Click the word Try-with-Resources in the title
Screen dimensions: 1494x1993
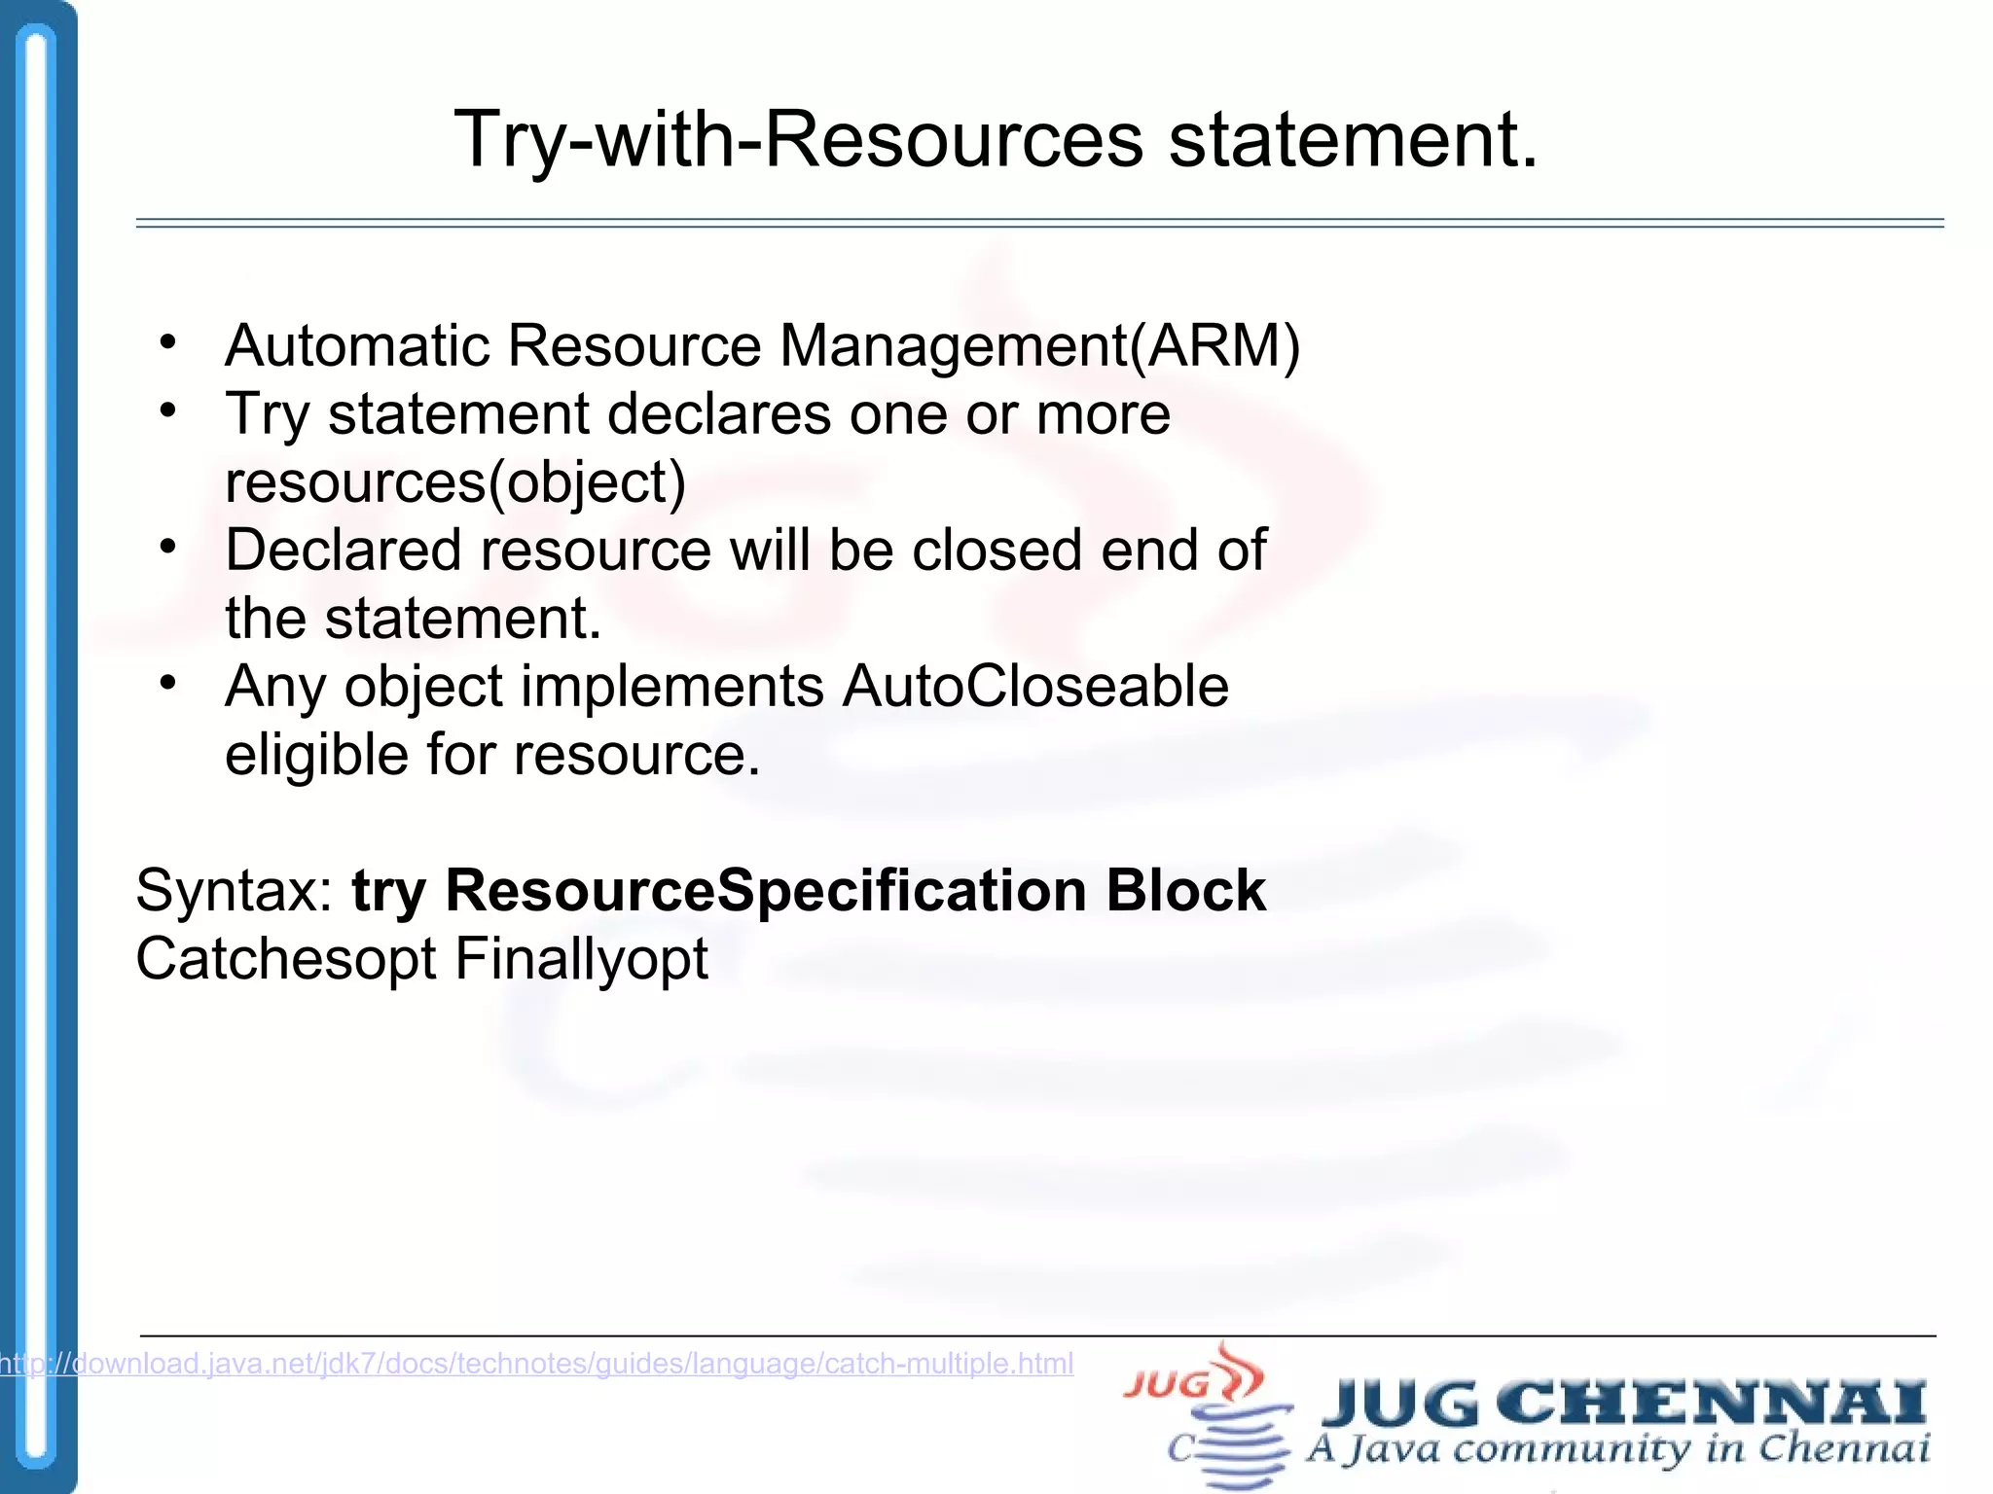point(798,141)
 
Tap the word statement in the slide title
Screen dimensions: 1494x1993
point(1353,141)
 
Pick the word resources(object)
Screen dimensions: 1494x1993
point(455,482)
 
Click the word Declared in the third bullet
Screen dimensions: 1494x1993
point(342,551)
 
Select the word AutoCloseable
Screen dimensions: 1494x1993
point(1035,687)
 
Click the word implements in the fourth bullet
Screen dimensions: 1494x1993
point(672,687)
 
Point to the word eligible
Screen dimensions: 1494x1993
point(315,755)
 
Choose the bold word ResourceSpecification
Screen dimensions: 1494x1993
point(765,891)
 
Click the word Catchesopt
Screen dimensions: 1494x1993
point(286,959)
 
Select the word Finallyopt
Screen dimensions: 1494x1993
point(581,959)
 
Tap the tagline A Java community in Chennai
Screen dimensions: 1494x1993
point(1617,1449)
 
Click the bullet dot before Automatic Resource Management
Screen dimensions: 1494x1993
point(168,342)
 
